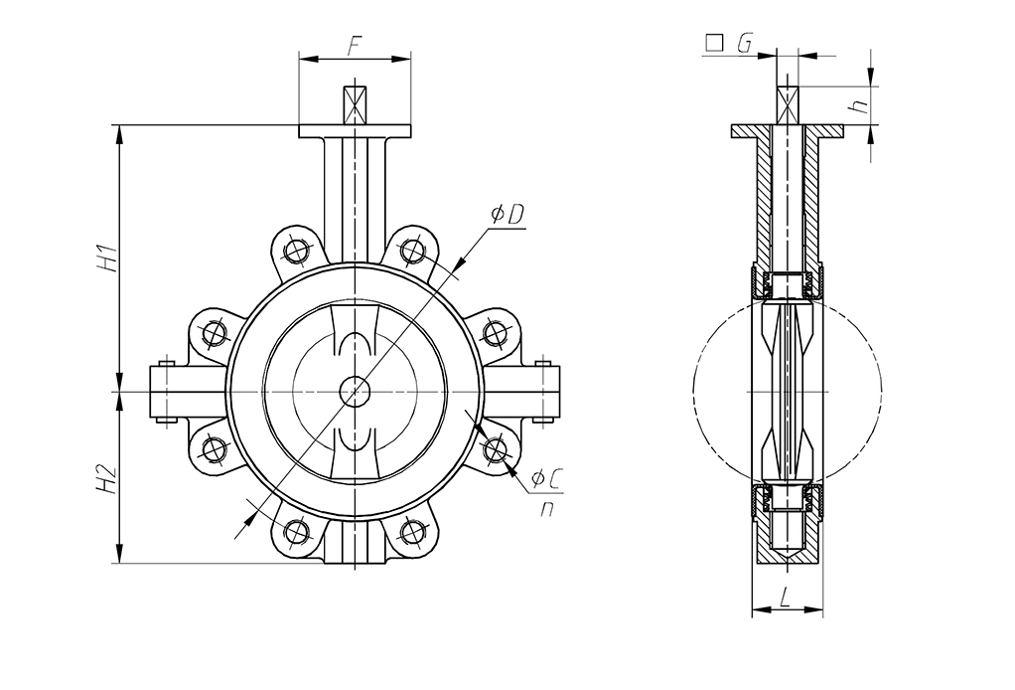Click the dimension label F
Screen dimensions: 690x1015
pos(355,45)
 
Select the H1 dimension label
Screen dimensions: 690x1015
pos(107,257)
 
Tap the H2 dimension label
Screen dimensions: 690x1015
pos(107,480)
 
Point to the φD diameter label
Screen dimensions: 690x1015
pos(507,214)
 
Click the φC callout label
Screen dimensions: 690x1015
pos(547,479)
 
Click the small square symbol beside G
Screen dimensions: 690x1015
pos(712,43)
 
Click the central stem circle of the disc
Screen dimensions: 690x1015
pos(355,391)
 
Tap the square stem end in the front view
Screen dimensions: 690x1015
pos(355,103)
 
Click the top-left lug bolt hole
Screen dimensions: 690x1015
pos(295,248)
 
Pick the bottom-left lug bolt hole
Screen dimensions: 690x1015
pos(295,534)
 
